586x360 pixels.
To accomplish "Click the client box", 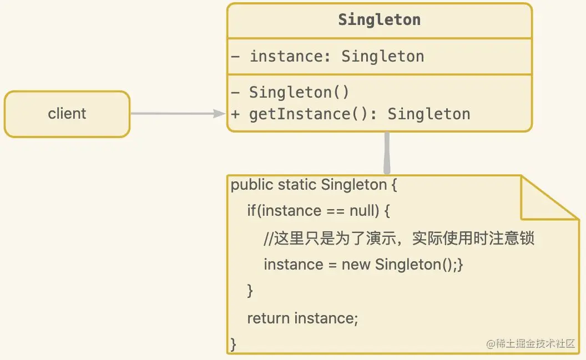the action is point(67,114).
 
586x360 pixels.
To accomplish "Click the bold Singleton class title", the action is point(380,20).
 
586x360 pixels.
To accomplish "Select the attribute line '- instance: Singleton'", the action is point(327,56).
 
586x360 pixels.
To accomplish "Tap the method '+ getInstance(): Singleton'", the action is point(351,114).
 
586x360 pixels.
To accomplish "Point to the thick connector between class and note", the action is point(387,153).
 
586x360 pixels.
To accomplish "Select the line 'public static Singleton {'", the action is point(314,185).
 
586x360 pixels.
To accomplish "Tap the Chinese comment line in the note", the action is point(399,238).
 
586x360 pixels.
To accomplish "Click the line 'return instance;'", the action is point(302,318).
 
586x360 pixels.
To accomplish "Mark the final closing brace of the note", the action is point(233,344).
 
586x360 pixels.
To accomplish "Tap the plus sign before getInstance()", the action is point(235,114).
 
